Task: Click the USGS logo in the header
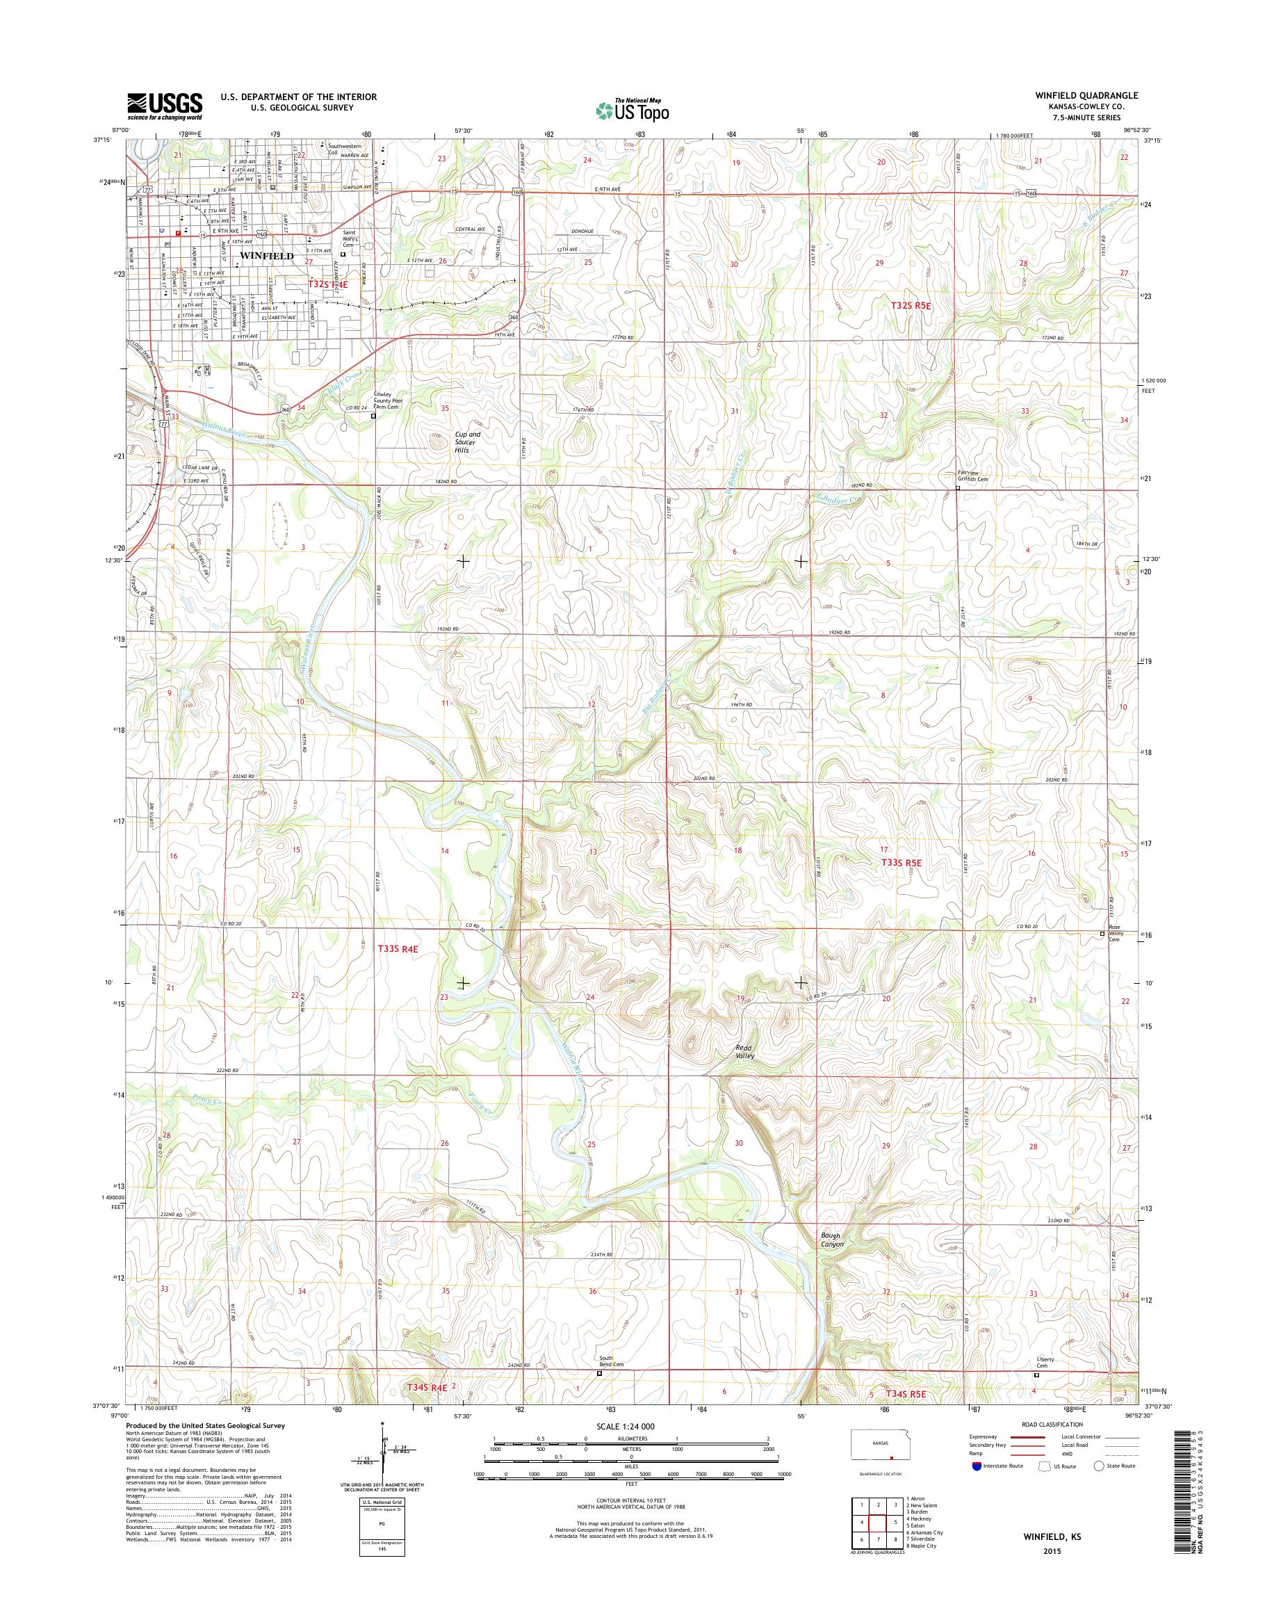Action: tap(165, 105)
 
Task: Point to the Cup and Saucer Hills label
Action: tap(467, 441)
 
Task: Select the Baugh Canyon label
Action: tap(832, 1240)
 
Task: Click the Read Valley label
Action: tap(744, 1051)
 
